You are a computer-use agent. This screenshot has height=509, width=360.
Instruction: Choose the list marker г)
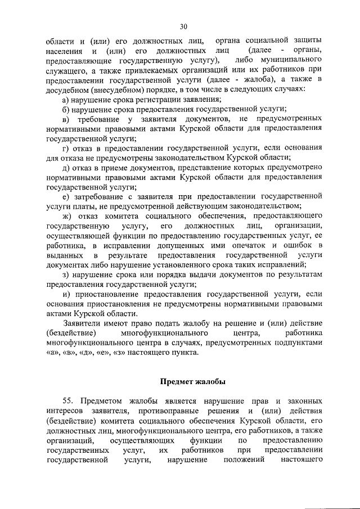[x=66, y=148]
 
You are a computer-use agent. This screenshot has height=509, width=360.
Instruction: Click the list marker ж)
[x=67, y=216]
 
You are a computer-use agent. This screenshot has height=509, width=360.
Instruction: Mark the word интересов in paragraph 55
[x=65, y=411]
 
